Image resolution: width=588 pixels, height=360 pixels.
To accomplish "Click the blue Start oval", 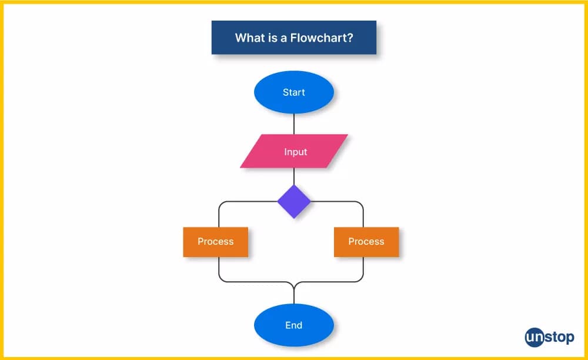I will (293, 92).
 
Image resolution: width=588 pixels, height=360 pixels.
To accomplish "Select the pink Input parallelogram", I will (294, 151).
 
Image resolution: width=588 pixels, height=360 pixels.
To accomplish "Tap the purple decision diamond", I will (294, 202).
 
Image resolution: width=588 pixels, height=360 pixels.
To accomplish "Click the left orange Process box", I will (215, 242).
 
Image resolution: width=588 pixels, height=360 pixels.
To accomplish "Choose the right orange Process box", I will (366, 242).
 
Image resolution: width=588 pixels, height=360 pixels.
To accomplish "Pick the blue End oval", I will (293, 325).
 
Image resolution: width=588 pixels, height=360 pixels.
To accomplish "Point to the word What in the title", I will (248, 38).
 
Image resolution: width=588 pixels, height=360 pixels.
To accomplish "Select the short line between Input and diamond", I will (294, 176).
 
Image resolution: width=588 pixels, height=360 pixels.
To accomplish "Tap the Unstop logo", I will (549, 337).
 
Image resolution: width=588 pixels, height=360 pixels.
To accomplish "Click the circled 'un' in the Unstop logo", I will (535, 337).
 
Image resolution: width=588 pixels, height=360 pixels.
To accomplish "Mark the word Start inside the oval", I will (293, 92).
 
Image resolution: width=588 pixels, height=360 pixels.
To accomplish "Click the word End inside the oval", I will (293, 325).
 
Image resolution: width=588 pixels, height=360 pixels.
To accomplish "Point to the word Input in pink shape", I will (295, 152).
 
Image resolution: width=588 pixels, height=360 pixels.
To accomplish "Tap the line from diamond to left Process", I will (247, 202).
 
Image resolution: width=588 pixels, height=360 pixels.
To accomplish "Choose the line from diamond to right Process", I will (341, 202).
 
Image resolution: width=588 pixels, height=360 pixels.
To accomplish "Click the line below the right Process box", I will (363, 269).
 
